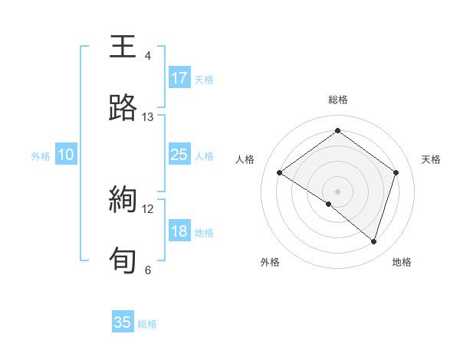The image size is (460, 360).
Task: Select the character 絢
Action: point(123,200)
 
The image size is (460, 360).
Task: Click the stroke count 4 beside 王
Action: point(148,56)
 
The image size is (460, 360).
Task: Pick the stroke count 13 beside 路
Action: point(148,117)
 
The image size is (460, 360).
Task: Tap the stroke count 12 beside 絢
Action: point(148,208)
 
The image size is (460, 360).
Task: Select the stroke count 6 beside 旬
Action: point(148,270)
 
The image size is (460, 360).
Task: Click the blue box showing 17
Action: point(179,78)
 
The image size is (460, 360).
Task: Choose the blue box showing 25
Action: point(179,155)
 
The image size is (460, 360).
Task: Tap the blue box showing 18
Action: point(179,231)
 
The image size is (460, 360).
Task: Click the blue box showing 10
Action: point(66,155)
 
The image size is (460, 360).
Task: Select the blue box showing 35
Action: point(123,322)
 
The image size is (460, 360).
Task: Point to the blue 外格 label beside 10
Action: point(41,155)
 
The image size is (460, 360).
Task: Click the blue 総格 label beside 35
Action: point(147,324)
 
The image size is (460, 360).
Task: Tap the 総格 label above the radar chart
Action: point(337,100)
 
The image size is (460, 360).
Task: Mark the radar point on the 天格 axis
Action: point(396,172)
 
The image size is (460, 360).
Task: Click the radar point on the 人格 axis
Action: point(280,173)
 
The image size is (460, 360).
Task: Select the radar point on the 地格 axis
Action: point(373,241)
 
